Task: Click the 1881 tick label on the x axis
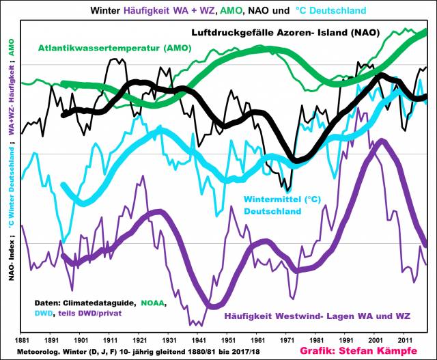[21, 339]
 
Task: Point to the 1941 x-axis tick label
[199, 339]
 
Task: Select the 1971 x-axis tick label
[287, 339]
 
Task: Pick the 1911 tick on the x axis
[110, 339]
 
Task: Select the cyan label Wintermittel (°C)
[283, 200]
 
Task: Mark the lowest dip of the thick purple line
[214, 305]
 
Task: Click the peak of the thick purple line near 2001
[381, 141]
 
